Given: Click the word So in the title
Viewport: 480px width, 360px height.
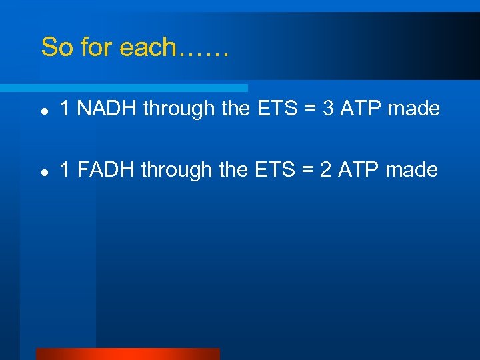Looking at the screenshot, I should click(55, 47).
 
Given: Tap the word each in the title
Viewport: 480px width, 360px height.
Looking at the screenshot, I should click(143, 47).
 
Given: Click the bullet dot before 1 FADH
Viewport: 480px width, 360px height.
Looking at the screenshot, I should click(43, 171).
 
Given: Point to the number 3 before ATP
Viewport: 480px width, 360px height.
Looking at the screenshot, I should click(328, 109).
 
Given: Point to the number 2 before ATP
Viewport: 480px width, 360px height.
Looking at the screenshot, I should click(326, 170).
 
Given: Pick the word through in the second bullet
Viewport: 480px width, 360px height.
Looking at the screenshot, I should click(178, 171).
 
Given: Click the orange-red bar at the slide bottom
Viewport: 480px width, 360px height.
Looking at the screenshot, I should click(127, 354).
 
